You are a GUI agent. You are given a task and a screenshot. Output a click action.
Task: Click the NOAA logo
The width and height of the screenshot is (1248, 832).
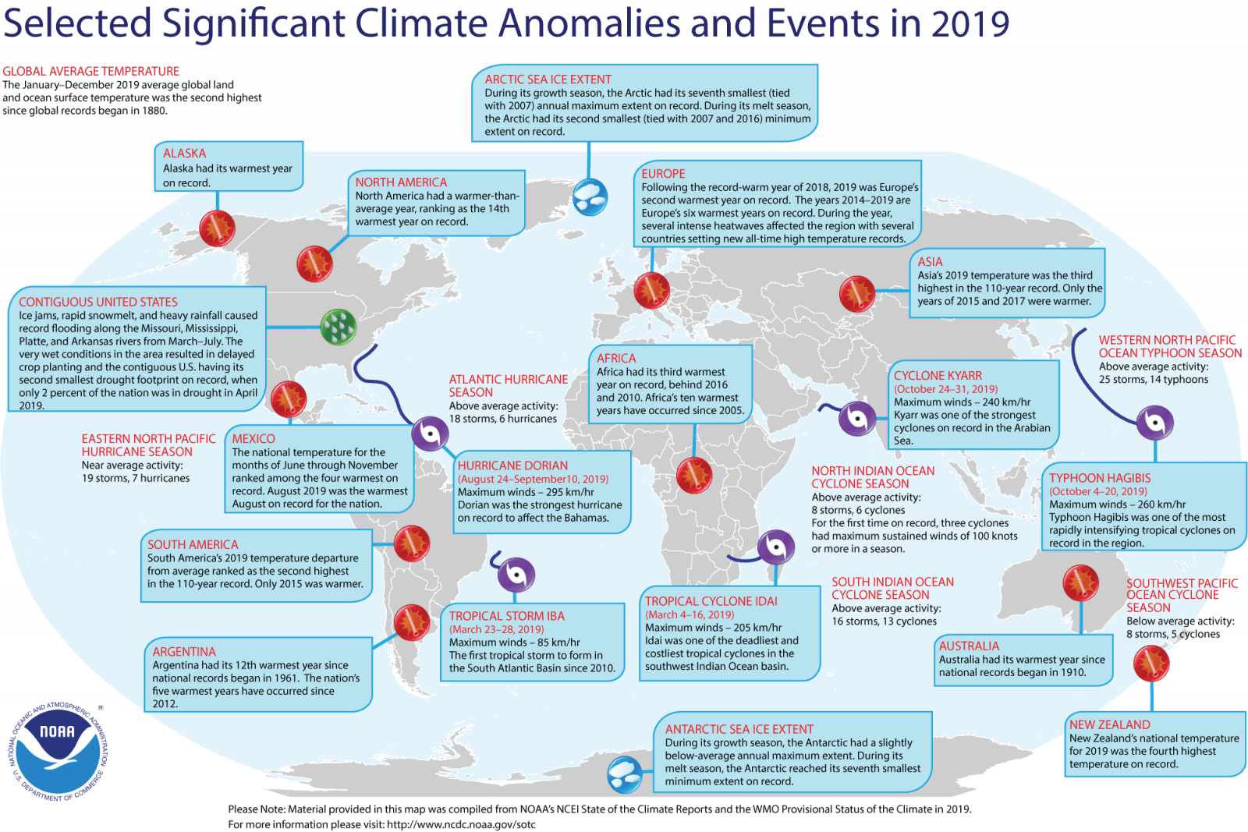pyautogui.click(x=58, y=750)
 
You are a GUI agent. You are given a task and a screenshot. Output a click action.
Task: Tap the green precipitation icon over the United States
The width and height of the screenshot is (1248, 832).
pyautogui.click(x=339, y=327)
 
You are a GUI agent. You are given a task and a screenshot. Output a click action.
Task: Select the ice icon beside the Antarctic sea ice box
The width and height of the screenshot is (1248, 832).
pyautogui.click(x=625, y=774)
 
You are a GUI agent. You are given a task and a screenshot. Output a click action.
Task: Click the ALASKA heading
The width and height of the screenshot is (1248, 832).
pyautogui.click(x=185, y=154)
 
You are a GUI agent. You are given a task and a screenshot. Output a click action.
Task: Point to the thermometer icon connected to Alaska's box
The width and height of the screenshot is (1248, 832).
pyautogui.click(x=217, y=228)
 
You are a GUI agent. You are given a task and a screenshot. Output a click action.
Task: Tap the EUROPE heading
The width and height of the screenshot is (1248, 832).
pyautogui.click(x=663, y=174)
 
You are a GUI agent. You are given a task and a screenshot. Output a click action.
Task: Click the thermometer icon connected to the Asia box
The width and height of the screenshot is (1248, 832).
pyautogui.click(x=857, y=294)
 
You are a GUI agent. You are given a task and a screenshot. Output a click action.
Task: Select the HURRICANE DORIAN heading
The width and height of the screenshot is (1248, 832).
pyautogui.click(x=512, y=466)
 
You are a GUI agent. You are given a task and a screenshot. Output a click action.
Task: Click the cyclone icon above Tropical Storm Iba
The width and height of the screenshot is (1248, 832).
pyautogui.click(x=515, y=575)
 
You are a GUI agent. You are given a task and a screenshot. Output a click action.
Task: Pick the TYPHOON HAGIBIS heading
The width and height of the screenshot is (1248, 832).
pyautogui.click(x=1100, y=478)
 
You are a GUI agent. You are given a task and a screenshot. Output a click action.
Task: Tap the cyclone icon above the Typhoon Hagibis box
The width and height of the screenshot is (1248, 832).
pyautogui.click(x=1155, y=423)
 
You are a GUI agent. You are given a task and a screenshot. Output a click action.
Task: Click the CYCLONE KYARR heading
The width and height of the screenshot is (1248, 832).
pyautogui.click(x=938, y=376)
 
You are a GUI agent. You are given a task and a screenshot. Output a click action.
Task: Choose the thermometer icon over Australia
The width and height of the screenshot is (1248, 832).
pyautogui.click(x=1081, y=582)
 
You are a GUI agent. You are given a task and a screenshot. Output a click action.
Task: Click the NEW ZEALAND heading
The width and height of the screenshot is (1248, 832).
pyautogui.click(x=1109, y=724)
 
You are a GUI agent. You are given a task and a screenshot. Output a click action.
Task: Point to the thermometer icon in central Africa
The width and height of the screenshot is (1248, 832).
pyautogui.click(x=693, y=474)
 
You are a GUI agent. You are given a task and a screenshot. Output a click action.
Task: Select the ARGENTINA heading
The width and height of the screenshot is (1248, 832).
pyautogui.click(x=184, y=652)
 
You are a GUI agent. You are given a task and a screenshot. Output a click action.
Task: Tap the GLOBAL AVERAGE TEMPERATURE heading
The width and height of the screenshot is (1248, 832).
pyautogui.click(x=91, y=71)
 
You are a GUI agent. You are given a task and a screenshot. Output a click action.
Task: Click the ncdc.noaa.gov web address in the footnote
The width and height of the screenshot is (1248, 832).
pyautogui.click(x=461, y=824)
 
